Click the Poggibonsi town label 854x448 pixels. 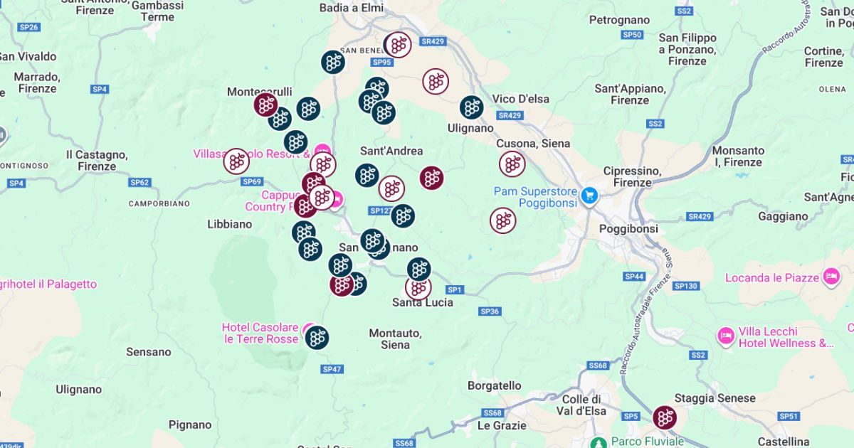628,229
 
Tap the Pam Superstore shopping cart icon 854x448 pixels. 589,195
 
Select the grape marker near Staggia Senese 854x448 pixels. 665,417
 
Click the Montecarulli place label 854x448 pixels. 259,92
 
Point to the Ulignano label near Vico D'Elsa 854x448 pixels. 470,128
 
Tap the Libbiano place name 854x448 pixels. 229,223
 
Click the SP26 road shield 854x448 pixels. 29,27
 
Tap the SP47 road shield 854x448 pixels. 332,369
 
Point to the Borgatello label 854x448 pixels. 494,385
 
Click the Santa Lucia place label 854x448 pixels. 423,302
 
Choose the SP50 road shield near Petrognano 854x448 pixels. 632,34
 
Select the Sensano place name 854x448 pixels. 149,351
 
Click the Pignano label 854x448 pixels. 190,425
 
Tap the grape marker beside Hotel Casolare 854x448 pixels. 317,337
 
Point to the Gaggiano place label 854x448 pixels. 783,216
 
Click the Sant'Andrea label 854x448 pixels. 391,151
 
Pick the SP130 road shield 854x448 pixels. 685,285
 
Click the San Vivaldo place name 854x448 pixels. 27,57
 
